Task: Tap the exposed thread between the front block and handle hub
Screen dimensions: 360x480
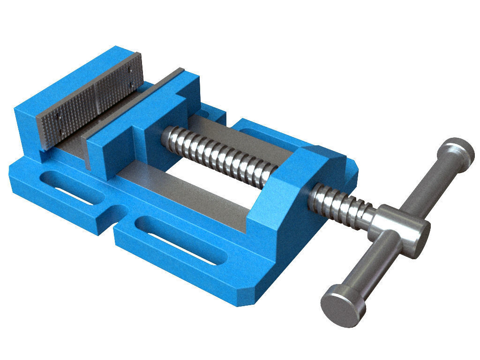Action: (342, 204)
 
